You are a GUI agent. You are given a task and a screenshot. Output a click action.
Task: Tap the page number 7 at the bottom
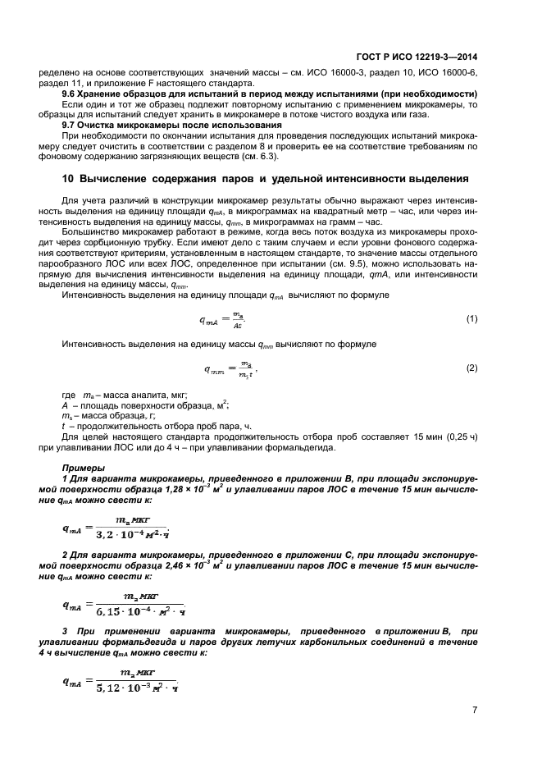click(x=475, y=710)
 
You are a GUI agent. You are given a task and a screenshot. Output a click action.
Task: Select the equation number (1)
click(x=471, y=318)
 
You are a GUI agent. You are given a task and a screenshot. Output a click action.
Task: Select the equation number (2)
click(x=471, y=368)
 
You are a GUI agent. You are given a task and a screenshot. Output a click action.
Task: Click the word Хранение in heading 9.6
click(x=105, y=94)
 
